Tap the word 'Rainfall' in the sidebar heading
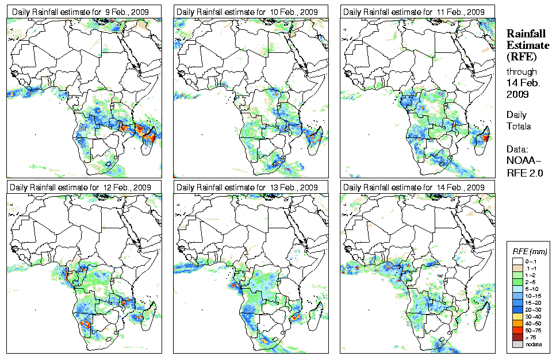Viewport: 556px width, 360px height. point(526,34)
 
